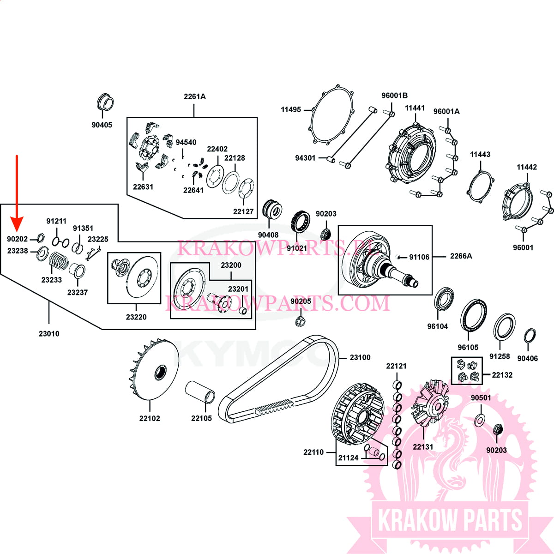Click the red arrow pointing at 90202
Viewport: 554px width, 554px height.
click(x=17, y=194)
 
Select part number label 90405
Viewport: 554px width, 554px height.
click(x=102, y=125)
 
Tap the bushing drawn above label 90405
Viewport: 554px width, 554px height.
click(x=106, y=102)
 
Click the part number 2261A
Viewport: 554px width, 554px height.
click(x=194, y=96)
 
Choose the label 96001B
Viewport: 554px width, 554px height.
click(x=394, y=96)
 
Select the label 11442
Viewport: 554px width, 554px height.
click(x=527, y=167)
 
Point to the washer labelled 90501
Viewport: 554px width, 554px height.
click(x=480, y=420)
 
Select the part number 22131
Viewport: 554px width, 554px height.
click(x=423, y=446)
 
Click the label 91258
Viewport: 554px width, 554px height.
click(x=500, y=356)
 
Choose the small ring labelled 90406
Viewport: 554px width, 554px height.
click(x=530, y=336)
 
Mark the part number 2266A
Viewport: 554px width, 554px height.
click(x=461, y=256)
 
